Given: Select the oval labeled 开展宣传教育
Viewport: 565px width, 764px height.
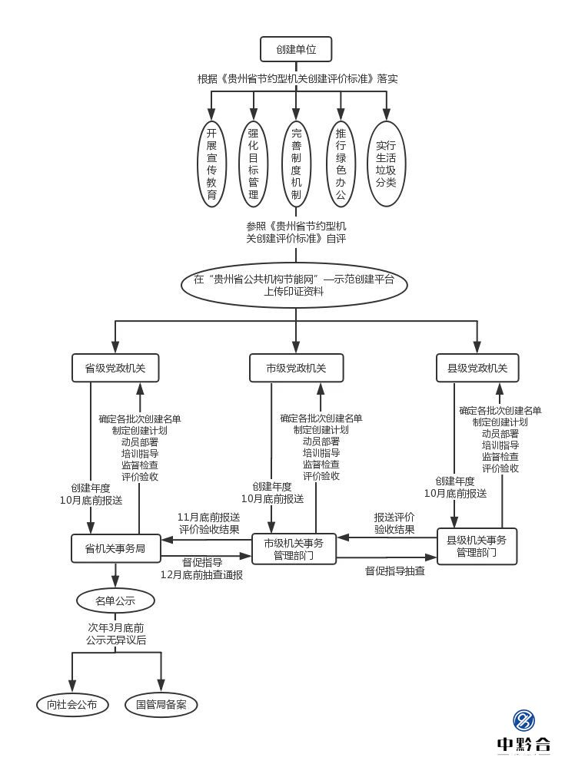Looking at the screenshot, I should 211,164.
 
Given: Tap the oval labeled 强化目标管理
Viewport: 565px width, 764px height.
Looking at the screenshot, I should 254,164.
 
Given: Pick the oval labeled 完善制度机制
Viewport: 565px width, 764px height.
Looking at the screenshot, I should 296,164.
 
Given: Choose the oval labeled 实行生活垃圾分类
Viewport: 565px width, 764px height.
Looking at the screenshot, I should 386,164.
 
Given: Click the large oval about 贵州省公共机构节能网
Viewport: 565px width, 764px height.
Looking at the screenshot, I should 294,285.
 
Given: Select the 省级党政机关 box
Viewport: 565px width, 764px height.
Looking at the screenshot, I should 115,368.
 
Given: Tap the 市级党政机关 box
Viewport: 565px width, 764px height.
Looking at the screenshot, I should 296,368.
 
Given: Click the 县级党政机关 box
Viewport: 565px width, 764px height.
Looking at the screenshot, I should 477,368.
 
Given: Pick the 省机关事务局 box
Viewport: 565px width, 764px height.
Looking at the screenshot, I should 115,548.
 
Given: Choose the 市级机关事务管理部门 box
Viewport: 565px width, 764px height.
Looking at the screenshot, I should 294,548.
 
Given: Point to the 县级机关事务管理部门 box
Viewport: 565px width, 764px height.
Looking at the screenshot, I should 477,546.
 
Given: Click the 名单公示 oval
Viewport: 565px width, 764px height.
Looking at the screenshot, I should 115,600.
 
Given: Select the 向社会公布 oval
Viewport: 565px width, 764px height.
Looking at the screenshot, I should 72,704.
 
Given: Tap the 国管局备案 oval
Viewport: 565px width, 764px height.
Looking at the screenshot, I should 161,704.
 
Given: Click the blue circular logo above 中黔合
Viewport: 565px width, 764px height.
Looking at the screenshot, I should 524,720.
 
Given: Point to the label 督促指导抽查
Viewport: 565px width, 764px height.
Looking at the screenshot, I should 394,571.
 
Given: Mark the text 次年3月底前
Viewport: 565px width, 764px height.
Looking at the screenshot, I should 115,627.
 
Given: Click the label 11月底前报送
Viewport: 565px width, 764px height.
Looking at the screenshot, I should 208,517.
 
